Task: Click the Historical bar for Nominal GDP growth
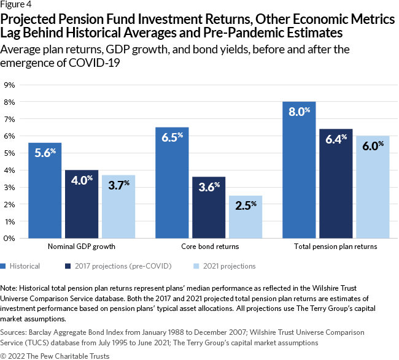[45, 191]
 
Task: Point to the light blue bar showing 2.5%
[246, 217]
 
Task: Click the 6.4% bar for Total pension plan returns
[336, 184]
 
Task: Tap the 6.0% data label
[372, 144]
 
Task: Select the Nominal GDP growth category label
[82, 247]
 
